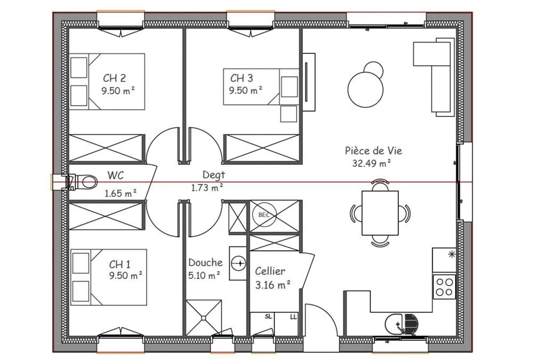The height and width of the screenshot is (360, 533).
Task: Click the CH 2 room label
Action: pyautogui.click(x=114, y=78)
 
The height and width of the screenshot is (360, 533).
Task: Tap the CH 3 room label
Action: pyautogui.click(x=241, y=78)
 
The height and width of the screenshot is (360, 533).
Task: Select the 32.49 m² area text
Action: pyautogui.click(x=371, y=163)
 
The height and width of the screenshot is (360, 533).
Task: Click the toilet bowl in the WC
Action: pyautogui.click(x=88, y=182)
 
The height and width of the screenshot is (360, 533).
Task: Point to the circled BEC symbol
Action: pyautogui.click(x=264, y=215)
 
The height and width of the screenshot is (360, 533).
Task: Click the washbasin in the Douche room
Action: pyautogui.click(x=239, y=263)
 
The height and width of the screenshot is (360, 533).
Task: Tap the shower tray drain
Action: pyautogui.click(x=204, y=318)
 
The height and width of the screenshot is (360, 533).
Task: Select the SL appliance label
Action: pyautogui.click(x=268, y=317)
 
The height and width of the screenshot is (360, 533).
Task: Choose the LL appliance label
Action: pyautogui.click(x=293, y=317)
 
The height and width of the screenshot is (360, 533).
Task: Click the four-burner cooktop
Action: pyautogui.click(x=445, y=287)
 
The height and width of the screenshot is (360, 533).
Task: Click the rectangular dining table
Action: pyautogui.click(x=380, y=213)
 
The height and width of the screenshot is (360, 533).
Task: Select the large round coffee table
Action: pyautogui.click(x=366, y=90)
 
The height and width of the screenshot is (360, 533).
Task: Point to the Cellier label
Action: pyautogui.click(x=270, y=271)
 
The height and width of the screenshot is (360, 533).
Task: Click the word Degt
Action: pyautogui.click(x=214, y=175)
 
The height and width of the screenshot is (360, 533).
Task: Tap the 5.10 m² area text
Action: pyautogui.click(x=204, y=275)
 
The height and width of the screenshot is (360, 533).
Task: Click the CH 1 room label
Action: pyautogui.click(x=119, y=264)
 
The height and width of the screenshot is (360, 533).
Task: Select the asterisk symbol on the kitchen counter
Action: pyautogui.click(x=452, y=254)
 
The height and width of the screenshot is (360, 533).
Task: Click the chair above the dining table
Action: pyautogui.click(x=380, y=185)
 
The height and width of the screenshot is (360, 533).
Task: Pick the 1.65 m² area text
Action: pyautogui.click(x=120, y=193)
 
